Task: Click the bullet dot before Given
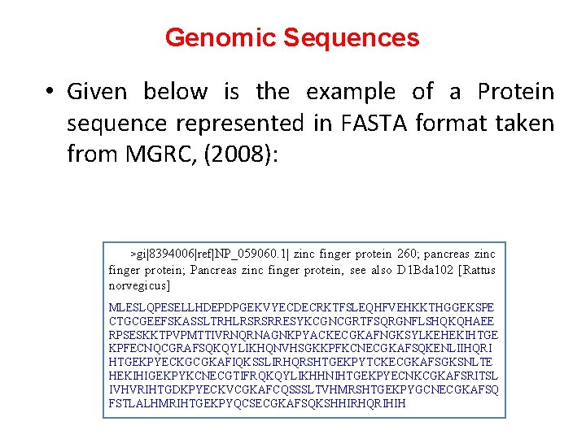point(50,92)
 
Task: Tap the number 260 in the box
point(386,255)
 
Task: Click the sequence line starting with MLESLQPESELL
point(301,308)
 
